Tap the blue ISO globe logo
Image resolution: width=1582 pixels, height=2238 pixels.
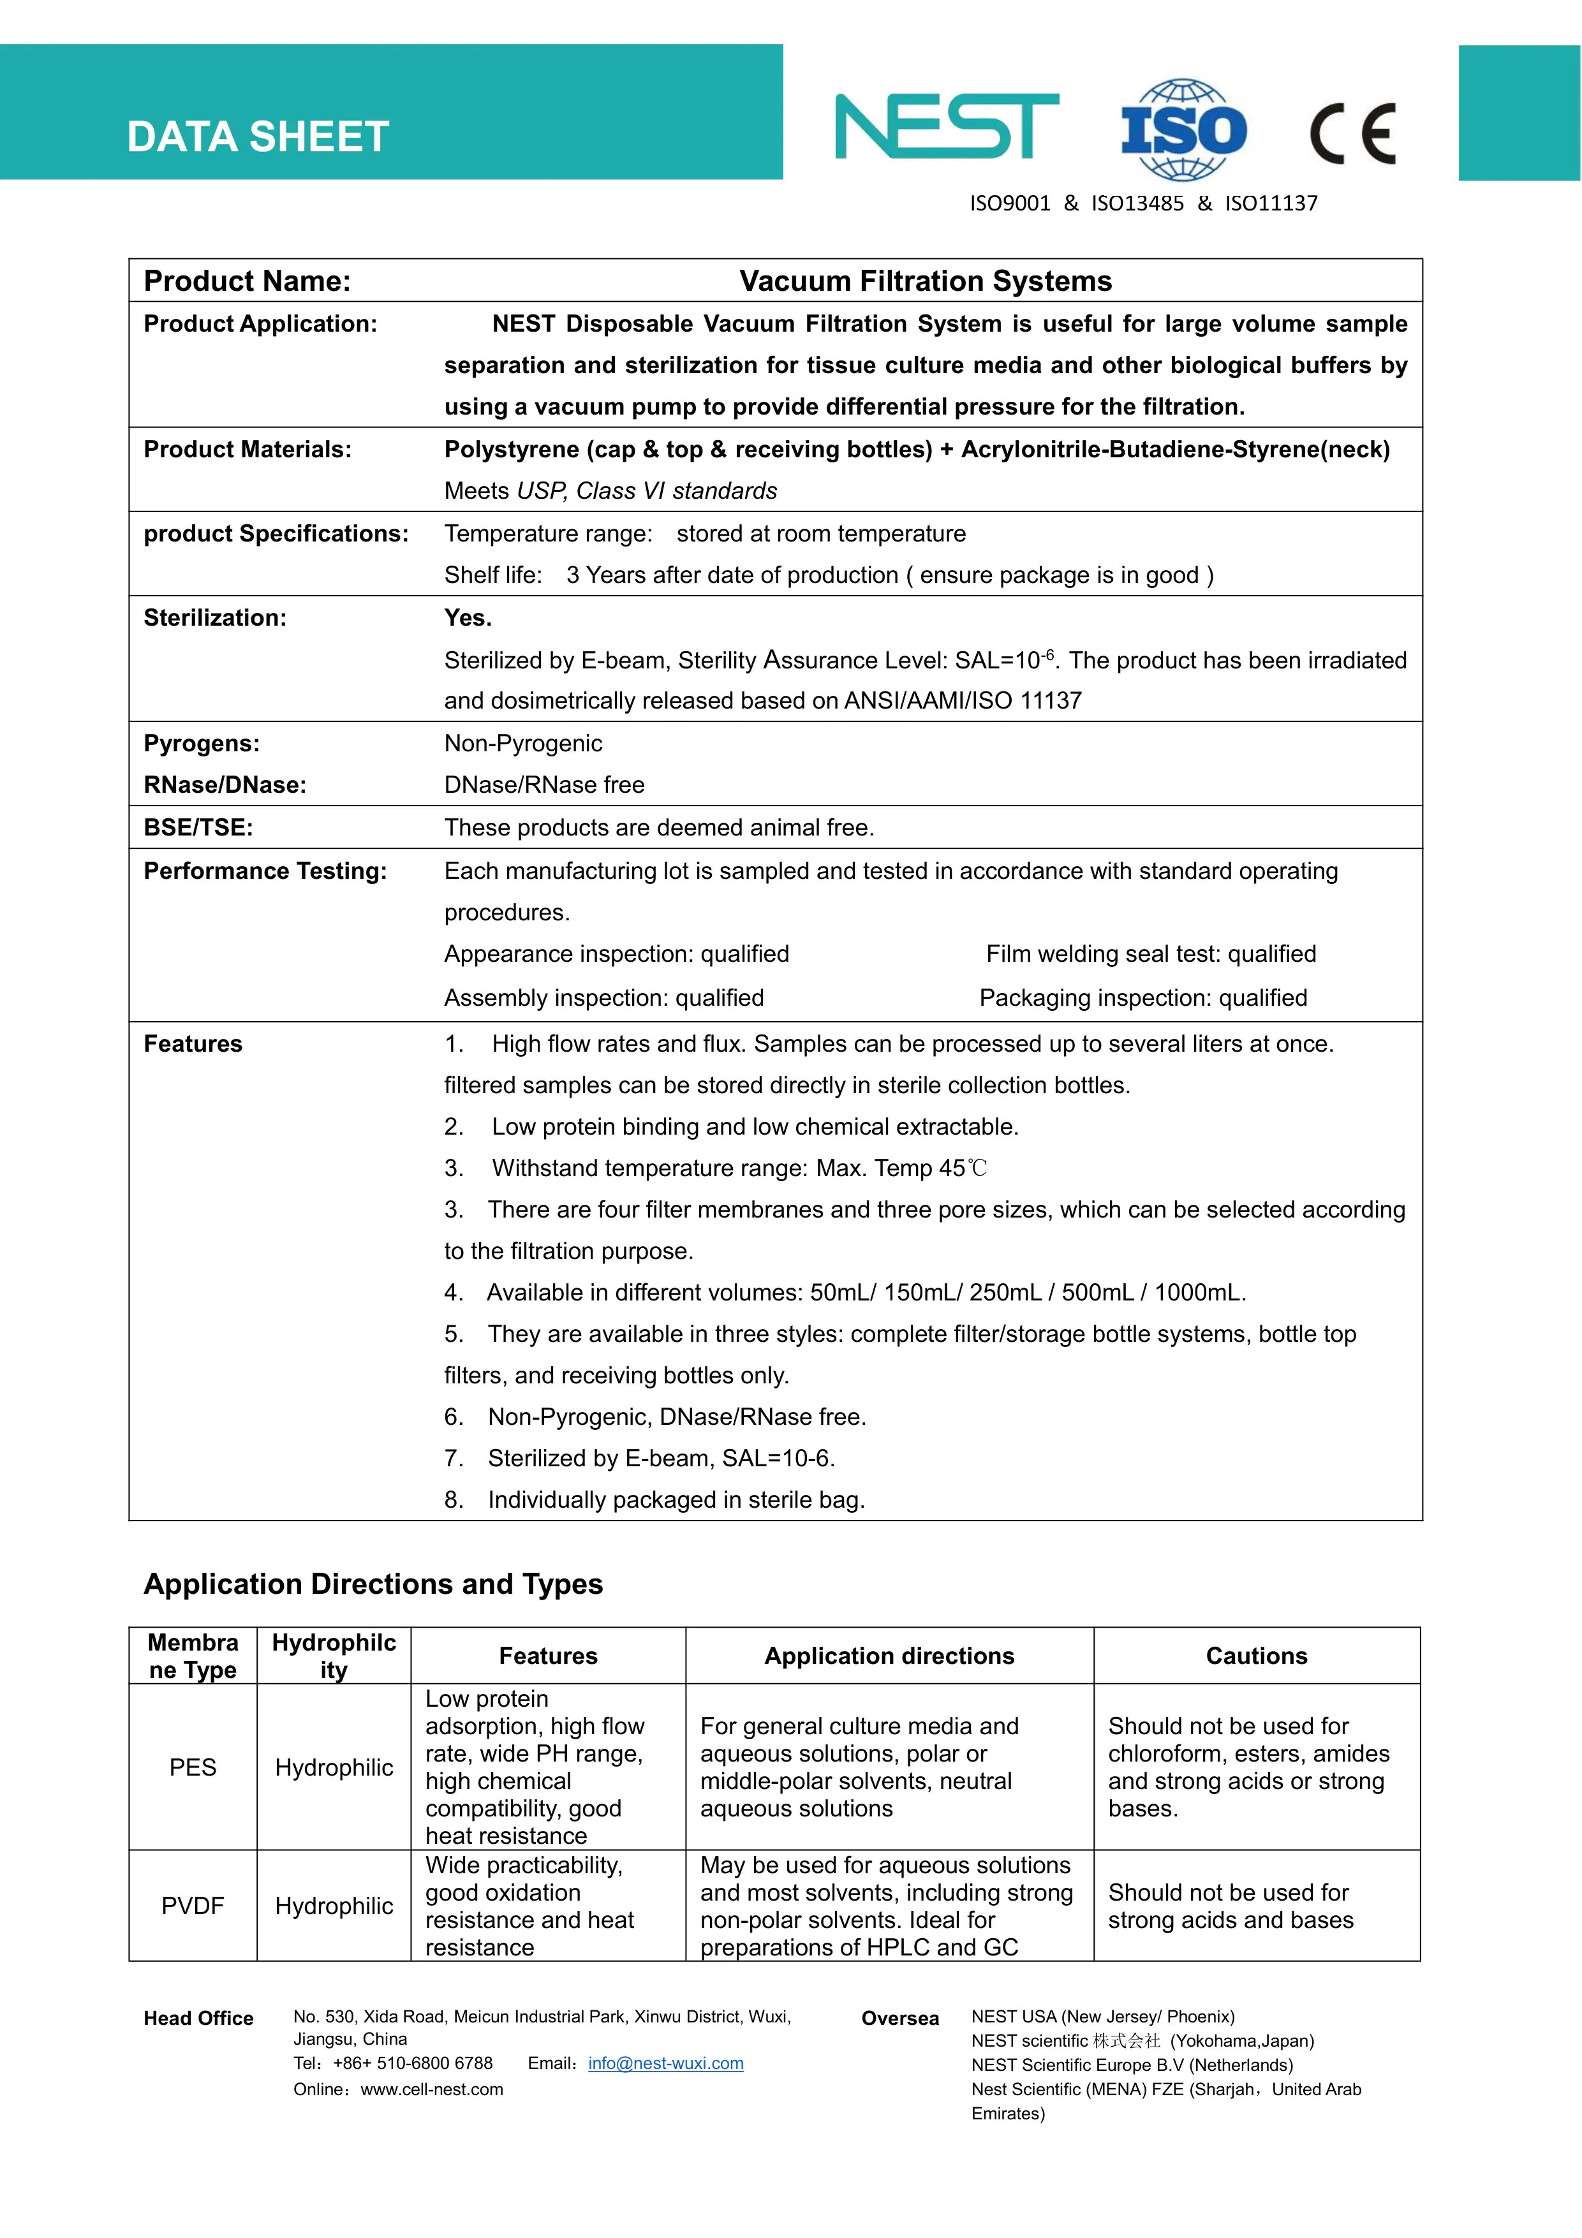1183,129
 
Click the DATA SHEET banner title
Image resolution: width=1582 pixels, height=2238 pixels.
258,137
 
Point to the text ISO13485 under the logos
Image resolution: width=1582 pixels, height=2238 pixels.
1137,203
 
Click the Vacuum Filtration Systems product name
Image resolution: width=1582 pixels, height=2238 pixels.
925,282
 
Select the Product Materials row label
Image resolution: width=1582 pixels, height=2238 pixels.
248,450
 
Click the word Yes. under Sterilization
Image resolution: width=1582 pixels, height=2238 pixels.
468,618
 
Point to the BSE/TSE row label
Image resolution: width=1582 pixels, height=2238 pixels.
198,828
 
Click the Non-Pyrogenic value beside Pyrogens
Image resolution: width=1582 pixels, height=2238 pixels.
524,744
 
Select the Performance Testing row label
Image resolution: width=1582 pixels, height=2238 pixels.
265,871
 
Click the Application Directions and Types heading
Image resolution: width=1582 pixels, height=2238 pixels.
373,1584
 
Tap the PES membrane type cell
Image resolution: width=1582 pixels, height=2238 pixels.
193,1767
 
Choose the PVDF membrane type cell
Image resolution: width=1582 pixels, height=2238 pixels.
193,1906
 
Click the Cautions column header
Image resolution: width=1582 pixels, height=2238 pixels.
1257,1656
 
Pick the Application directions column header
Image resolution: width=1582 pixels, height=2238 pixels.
889,1656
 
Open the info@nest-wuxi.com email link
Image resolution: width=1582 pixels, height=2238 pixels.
666,2063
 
